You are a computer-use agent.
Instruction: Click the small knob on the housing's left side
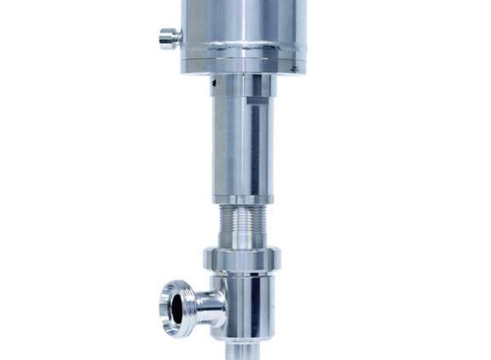170,38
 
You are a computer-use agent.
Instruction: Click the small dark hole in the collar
215,82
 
